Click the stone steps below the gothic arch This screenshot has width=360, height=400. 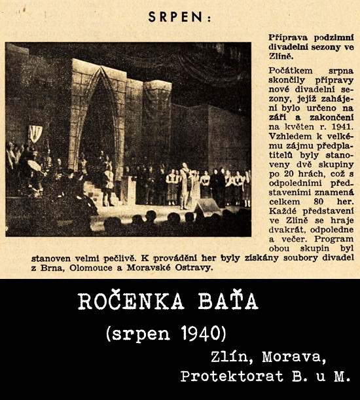[98, 191]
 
